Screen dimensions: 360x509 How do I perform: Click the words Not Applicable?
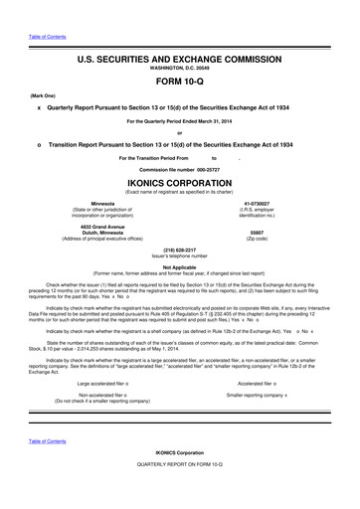[179, 267]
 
